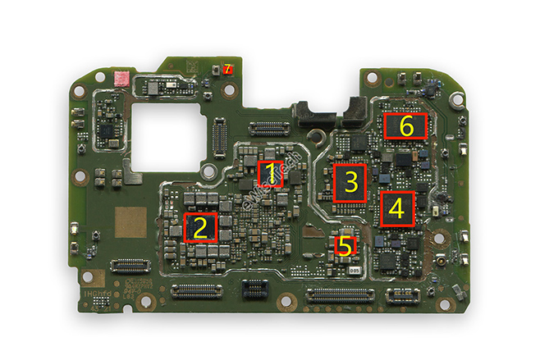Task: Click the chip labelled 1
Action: point(270,174)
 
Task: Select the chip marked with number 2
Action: point(200,226)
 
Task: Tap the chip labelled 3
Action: point(350,183)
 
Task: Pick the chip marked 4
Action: point(396,208)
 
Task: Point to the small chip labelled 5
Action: point(346,244)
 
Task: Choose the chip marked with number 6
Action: point(405,126)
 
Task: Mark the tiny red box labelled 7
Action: point(227,70)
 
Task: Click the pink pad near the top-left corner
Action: point(121,79)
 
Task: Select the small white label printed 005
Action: point(355,269)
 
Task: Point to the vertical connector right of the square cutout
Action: point(219,136)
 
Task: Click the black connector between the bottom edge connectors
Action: point(255,289)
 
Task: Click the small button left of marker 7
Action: point(216,70)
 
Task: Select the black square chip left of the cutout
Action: point(108,130)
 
